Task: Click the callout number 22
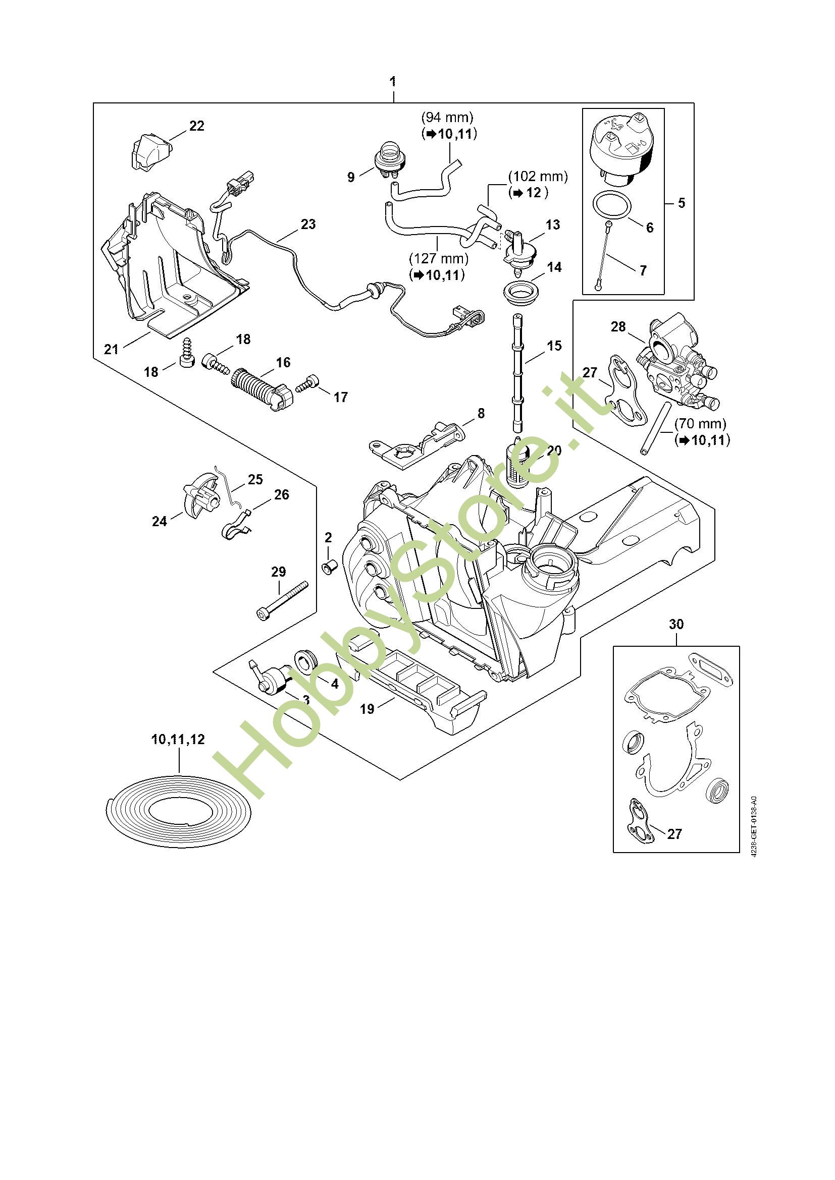(196, 126)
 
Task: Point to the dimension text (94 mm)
(447, 117)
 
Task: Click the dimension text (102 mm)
(538, 177)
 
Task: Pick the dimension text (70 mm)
(700, 424)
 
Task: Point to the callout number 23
(308, 224)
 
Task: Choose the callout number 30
(676, 624)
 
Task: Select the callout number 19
(367, 709)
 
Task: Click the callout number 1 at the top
(393, 82)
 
